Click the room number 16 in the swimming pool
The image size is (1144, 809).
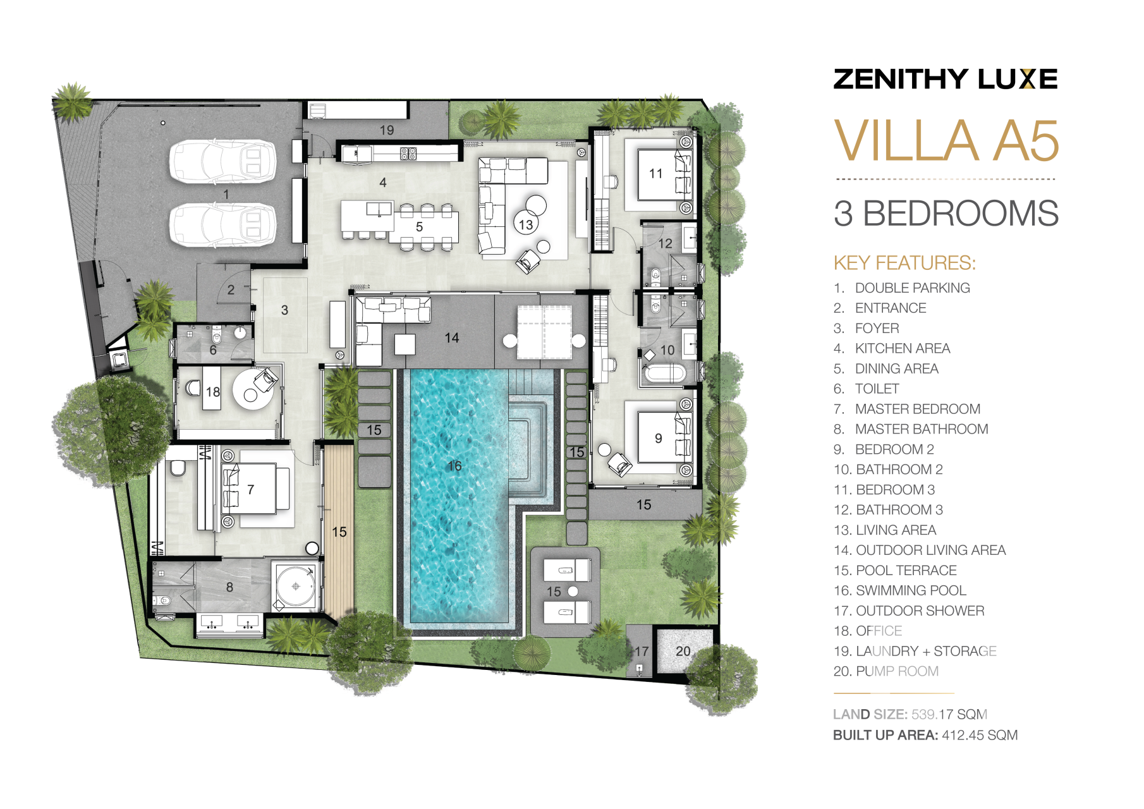point(454,466)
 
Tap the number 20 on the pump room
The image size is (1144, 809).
point(683,651)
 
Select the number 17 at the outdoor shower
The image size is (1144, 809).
point(642,651)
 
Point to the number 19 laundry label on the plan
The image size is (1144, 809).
point(387,130)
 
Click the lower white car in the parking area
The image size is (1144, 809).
point(222,225)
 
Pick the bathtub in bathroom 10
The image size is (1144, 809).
point(663,373)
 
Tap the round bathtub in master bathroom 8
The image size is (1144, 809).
point(296,586)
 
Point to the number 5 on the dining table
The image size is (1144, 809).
point(419,227)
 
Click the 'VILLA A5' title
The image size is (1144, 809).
point(946,140)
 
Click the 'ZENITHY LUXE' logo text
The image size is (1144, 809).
point(946,79)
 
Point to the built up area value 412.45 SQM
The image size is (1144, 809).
point(980,735)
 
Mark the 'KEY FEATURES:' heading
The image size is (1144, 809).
point(904,263)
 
